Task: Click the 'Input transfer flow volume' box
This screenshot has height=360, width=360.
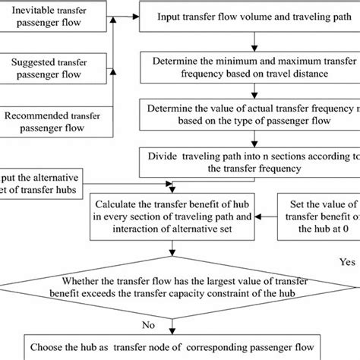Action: pos(247,16)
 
